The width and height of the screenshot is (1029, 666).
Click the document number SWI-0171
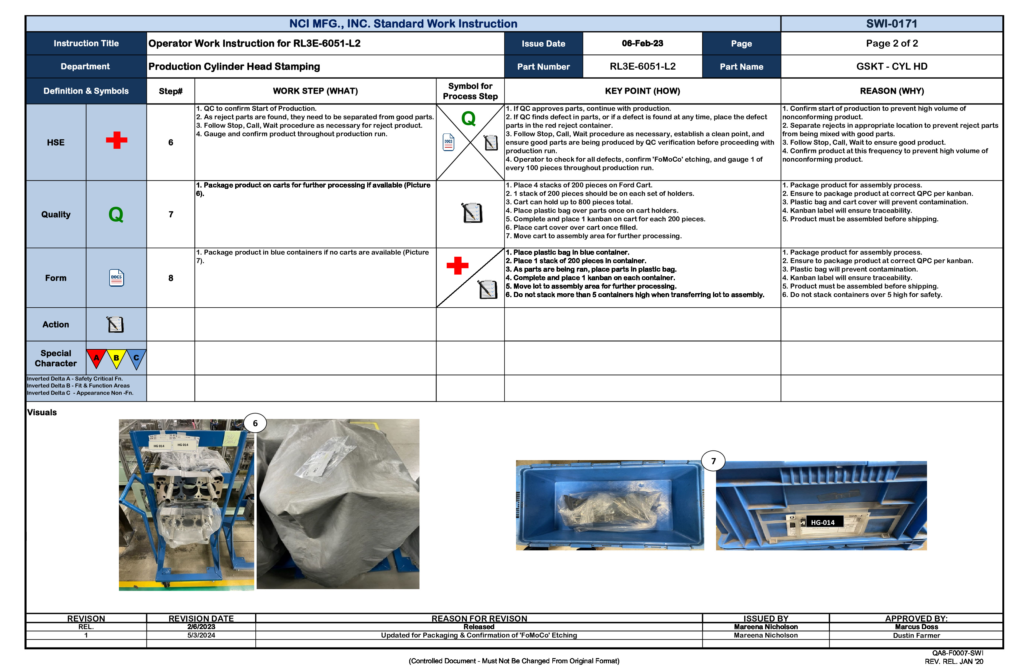892,24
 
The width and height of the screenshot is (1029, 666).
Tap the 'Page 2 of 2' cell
892,43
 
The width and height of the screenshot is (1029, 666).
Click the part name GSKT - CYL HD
892,67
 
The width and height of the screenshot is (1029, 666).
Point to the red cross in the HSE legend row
116,140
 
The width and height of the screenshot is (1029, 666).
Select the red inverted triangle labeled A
97,358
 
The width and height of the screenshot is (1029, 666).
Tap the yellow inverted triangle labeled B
116,358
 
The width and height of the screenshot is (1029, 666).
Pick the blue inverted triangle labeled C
136,358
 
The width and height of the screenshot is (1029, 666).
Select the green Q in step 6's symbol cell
468,118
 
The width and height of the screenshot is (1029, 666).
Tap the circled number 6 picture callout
255,424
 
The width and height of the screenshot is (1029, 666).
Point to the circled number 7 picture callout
713,461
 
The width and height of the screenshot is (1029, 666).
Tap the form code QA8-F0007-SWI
957,653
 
